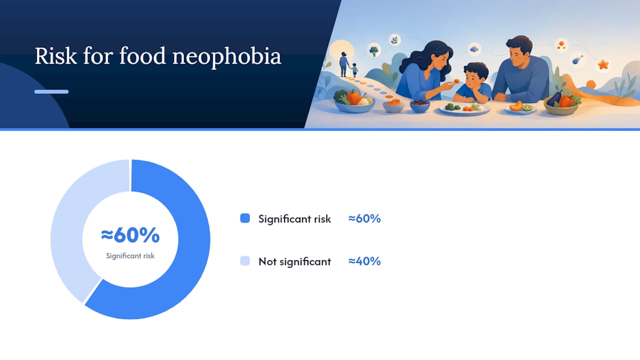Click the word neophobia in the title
click(227, 57)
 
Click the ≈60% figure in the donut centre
click(130, 235)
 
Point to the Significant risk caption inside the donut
click(130, 255)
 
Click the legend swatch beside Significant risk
click(245, 218)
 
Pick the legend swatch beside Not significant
click(245, 261)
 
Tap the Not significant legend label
click(294, 261)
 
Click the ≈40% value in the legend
click(364, 261)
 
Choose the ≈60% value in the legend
click(364, 218)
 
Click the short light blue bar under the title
click(51, 91)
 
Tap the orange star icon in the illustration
click(603, 64)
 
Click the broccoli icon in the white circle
click(373, 51)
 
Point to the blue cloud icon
click(474, 49)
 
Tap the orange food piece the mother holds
click(456, 81)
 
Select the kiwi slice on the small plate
click(527, 107)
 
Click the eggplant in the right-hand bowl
click(554, 98)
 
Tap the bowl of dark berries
click(419, 105)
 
